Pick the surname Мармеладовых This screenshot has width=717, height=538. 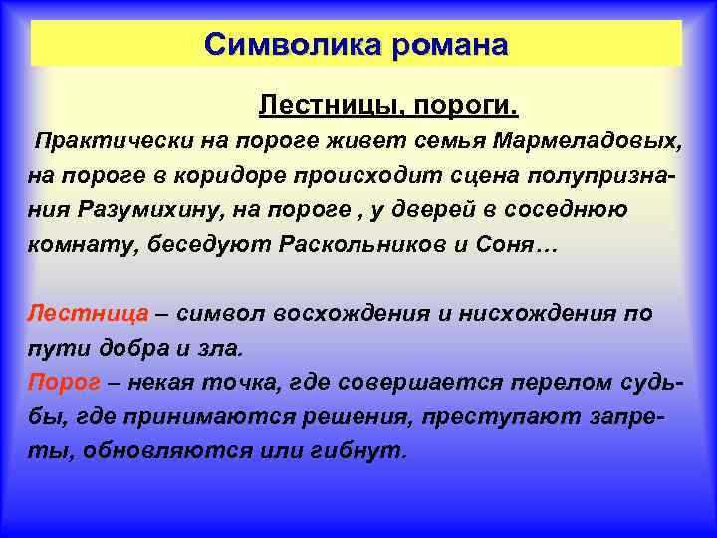(x=601, y=140)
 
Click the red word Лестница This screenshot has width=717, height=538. (x=88, y=313)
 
